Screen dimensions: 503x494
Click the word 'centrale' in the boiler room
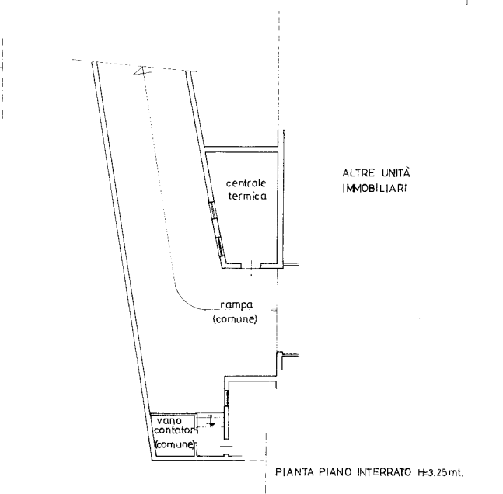(x=246, y=183)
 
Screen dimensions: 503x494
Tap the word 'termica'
(x=247, y=196)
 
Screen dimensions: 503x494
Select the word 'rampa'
(x=236, y=305)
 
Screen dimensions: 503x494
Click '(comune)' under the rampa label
(x=235, y=319)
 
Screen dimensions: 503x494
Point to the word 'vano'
(x=169, y=420)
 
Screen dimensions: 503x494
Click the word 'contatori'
(x=174, y=430)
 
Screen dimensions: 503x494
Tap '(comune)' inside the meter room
(x=175, y=444)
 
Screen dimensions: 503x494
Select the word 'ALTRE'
(x=358, y=173)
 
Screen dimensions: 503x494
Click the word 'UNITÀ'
(x=396, y=172)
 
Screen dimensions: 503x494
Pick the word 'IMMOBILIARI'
(x=375, y=188)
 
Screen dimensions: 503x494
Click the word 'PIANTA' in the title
(x=295, y=472)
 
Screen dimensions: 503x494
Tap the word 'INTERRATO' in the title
(x=384, y=472)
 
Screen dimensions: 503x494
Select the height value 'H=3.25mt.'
(x=441, y=472)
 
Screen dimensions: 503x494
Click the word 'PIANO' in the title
(x=335, y=472)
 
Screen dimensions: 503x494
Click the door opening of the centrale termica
(x=251, y=266)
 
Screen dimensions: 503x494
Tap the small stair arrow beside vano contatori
(x=211, y=424)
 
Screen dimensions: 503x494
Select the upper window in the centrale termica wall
(x=212, y=210)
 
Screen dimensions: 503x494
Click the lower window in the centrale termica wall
(x=220, y=246)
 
